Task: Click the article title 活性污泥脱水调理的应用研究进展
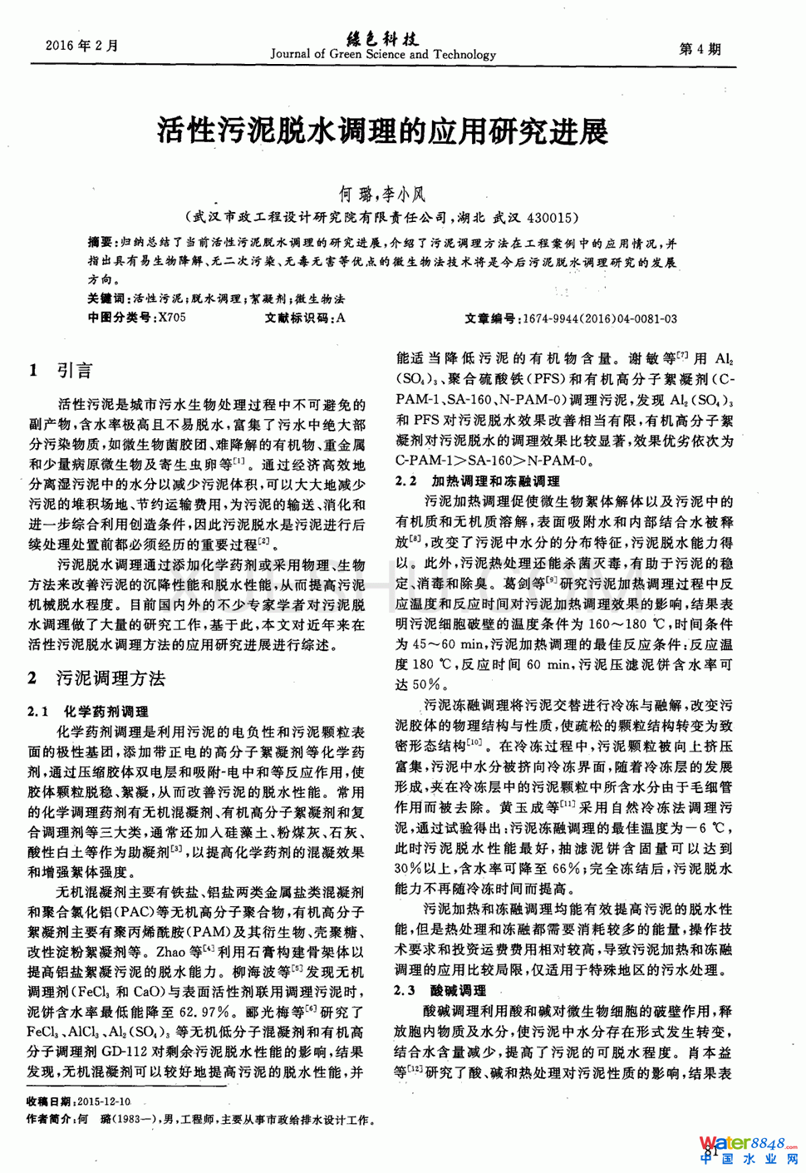point(382,131)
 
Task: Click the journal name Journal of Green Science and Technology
point(382,55)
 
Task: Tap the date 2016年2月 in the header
point(82,46)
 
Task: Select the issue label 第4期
point(700,49)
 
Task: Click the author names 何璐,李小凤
point(381,195)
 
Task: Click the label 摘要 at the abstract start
point(100,243)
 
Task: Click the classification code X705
point(172,318)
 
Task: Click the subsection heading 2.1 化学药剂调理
point(88,712)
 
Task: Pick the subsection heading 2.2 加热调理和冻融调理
point(477,481)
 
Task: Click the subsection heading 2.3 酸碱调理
point(440,990)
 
